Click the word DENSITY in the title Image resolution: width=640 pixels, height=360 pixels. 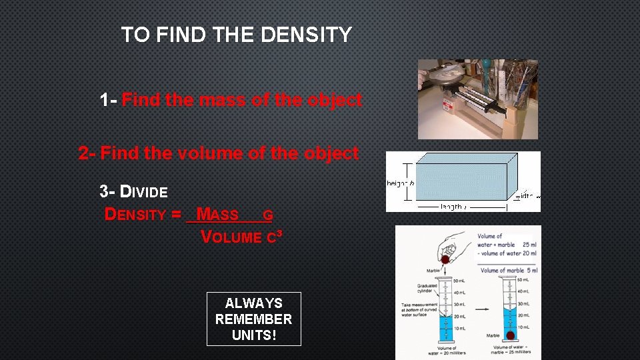pyautogui.click(x=306, y=35)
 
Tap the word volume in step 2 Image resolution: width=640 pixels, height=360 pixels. pyautogui.click(x=214, y=153)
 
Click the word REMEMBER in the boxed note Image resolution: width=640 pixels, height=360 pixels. pyautogui.click(x=253, y=319)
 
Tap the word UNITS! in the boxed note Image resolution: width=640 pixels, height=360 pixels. pyautogui.click(x=253, y=335)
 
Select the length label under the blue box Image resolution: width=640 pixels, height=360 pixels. pyautogui.click(x=453, y=207)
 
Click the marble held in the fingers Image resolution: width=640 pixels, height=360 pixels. pyautogui.click(x=444, y=259)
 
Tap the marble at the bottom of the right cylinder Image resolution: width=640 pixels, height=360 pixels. pyautogui.click(x=511, y=335)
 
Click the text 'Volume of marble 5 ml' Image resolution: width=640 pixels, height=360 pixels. pyautogui.click(x=509, y=270)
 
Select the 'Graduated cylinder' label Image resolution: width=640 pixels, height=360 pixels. pyautogui.click(x=427, y=287)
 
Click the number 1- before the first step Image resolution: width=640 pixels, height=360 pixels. pyautogui.click(x=109, y=100)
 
